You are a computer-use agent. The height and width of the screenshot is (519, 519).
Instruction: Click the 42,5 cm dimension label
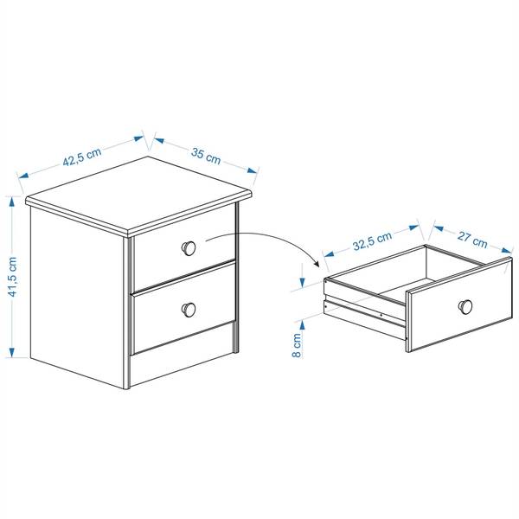tap(82, 157)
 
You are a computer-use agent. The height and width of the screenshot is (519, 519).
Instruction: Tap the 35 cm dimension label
tap(206, 157)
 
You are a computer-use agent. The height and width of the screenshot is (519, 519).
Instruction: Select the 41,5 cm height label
tap(13, 277)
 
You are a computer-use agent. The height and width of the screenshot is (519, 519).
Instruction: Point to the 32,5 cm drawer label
tap(372, 240)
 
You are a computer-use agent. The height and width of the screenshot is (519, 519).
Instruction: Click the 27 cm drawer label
tap(472, 240)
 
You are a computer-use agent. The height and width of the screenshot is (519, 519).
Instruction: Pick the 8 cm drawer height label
tap(297, 345)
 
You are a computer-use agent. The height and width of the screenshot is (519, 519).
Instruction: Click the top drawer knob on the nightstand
tap(189, 248)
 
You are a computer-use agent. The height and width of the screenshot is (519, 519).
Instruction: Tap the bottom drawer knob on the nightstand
tap(189, 310)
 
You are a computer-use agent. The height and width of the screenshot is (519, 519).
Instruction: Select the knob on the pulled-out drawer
tap(465, 307)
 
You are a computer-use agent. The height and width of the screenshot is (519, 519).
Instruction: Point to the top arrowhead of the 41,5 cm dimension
tap(12, 201)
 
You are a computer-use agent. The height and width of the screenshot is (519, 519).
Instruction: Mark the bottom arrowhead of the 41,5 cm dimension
tap(12, 353)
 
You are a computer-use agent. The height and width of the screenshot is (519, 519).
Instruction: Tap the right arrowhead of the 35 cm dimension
tap(253, 170)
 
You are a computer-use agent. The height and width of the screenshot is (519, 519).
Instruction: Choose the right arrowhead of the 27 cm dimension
tap(507, 250)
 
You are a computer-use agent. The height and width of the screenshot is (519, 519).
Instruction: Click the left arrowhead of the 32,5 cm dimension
tap(329, 253)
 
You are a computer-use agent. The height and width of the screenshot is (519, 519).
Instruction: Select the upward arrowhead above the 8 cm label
tap(302, 326)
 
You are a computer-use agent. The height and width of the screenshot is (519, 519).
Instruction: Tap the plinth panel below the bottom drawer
tap(183, 354)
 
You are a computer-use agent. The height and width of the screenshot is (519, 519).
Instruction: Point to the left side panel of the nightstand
tap(77, 298)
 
